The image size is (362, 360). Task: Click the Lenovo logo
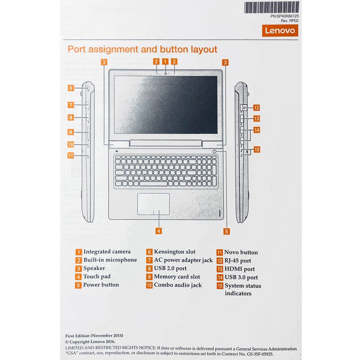pyautogui.click(x=280, y=31)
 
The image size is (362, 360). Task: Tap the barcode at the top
pyautogui.click(x=271, y=8)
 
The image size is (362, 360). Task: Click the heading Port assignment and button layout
pyautogui.click(x=142, y=49)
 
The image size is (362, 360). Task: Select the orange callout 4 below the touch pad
pyautogui.click(x=159, y=231)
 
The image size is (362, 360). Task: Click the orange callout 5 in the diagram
pyautogui.click(x=226, y=231)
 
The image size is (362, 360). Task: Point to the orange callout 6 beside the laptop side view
pyautogui.click(x=71, y=88)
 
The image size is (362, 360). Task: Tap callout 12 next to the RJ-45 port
pyautogui.click(x=256, y=108)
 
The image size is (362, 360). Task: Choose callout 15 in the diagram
pyautogui.click(x=257, y=149)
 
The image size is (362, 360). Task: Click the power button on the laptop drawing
pyautogui.click(x=214, y=151)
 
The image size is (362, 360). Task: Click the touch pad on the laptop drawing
pyautogui.click(x=153, y=204)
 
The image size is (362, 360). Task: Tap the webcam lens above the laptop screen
pyautogui.click(x=166, y=73)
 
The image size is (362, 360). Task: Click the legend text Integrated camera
pyautogui.click(x=107, y=252)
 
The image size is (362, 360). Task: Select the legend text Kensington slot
pyautogui.click(x=175, y=252)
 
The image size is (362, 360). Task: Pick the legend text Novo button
pyautogui.click(x=241, y=252)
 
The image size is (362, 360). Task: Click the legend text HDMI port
pyautogui.click(x=239, y=269)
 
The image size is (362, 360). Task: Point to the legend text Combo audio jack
pyautogui.click(x=178, y=285)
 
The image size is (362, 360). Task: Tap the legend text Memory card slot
pyautogui.click(x=177, y=277)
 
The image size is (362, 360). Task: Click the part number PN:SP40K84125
pyautogui.click(x=285, y=16)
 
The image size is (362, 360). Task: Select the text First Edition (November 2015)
pyautogui.click(x=94, y=336)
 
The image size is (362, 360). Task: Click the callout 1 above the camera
pyautogui.click(x=165, y=61)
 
